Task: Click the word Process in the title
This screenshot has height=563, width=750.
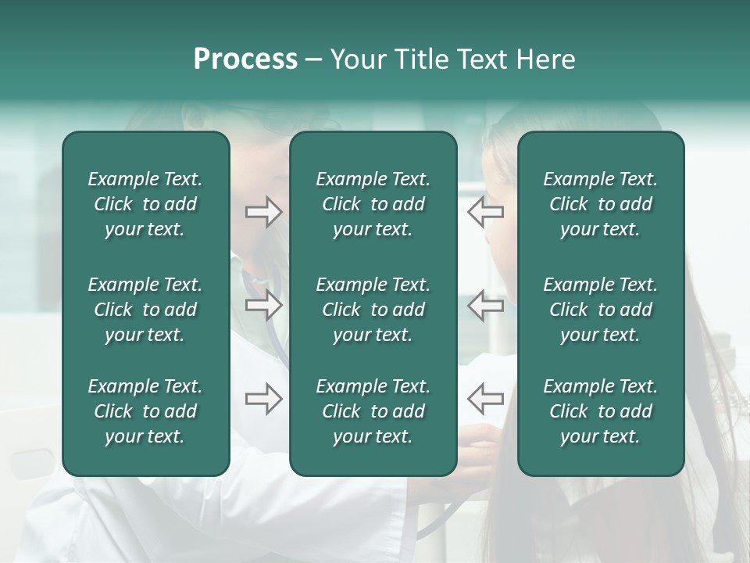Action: [245, 59]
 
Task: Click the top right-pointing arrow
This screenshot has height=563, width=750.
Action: [263, 212]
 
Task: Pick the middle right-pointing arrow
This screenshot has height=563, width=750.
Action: [263, 305]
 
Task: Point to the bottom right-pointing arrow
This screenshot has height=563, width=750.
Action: [263, 399]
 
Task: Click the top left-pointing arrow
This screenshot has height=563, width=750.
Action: [485, 212]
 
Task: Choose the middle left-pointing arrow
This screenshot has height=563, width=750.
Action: [485, 305]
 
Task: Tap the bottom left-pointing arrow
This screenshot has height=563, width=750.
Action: [485, 399]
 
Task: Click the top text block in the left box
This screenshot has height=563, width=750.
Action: [145, 204]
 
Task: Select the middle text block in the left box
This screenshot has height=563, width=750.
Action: [145, 310]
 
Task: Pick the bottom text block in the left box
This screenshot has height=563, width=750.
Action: [145, 411]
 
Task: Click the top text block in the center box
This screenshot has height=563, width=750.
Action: [373, 204]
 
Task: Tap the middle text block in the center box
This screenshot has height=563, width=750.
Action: [373, 310]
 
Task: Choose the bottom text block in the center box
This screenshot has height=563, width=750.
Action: [373, 411]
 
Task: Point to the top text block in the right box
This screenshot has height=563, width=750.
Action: [600, 204]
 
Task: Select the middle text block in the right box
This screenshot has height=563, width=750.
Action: [600, 310]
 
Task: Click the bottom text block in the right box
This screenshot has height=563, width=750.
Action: [600, 411]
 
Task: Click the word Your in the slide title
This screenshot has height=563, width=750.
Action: [358, 59]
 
